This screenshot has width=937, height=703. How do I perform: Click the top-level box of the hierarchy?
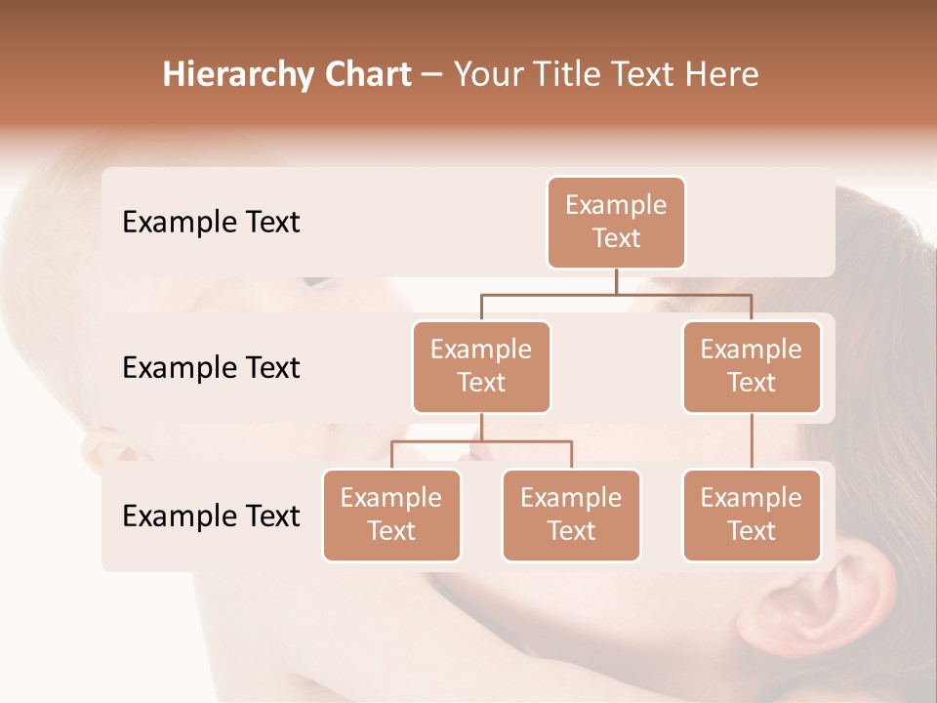(616, 223)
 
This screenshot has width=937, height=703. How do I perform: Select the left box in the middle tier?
(481, 367)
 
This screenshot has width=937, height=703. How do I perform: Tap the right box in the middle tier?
(752, 367)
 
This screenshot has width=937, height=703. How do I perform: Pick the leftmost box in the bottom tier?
(391, 516)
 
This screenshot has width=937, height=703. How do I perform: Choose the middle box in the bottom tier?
(571, 516)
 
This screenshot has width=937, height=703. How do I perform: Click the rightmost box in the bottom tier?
(752, 516)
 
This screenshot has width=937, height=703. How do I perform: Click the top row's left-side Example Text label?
(211, 223)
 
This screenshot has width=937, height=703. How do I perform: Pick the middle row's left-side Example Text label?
(211, 368)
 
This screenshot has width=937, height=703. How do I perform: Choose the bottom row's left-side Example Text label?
(211, 517)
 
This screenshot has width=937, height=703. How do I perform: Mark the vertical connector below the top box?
(616, 281)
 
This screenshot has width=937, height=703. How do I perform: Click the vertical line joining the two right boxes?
(752, 441)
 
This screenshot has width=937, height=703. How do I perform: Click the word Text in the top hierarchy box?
(616, 239)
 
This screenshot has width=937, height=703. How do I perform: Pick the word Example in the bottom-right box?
(752, 498)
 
